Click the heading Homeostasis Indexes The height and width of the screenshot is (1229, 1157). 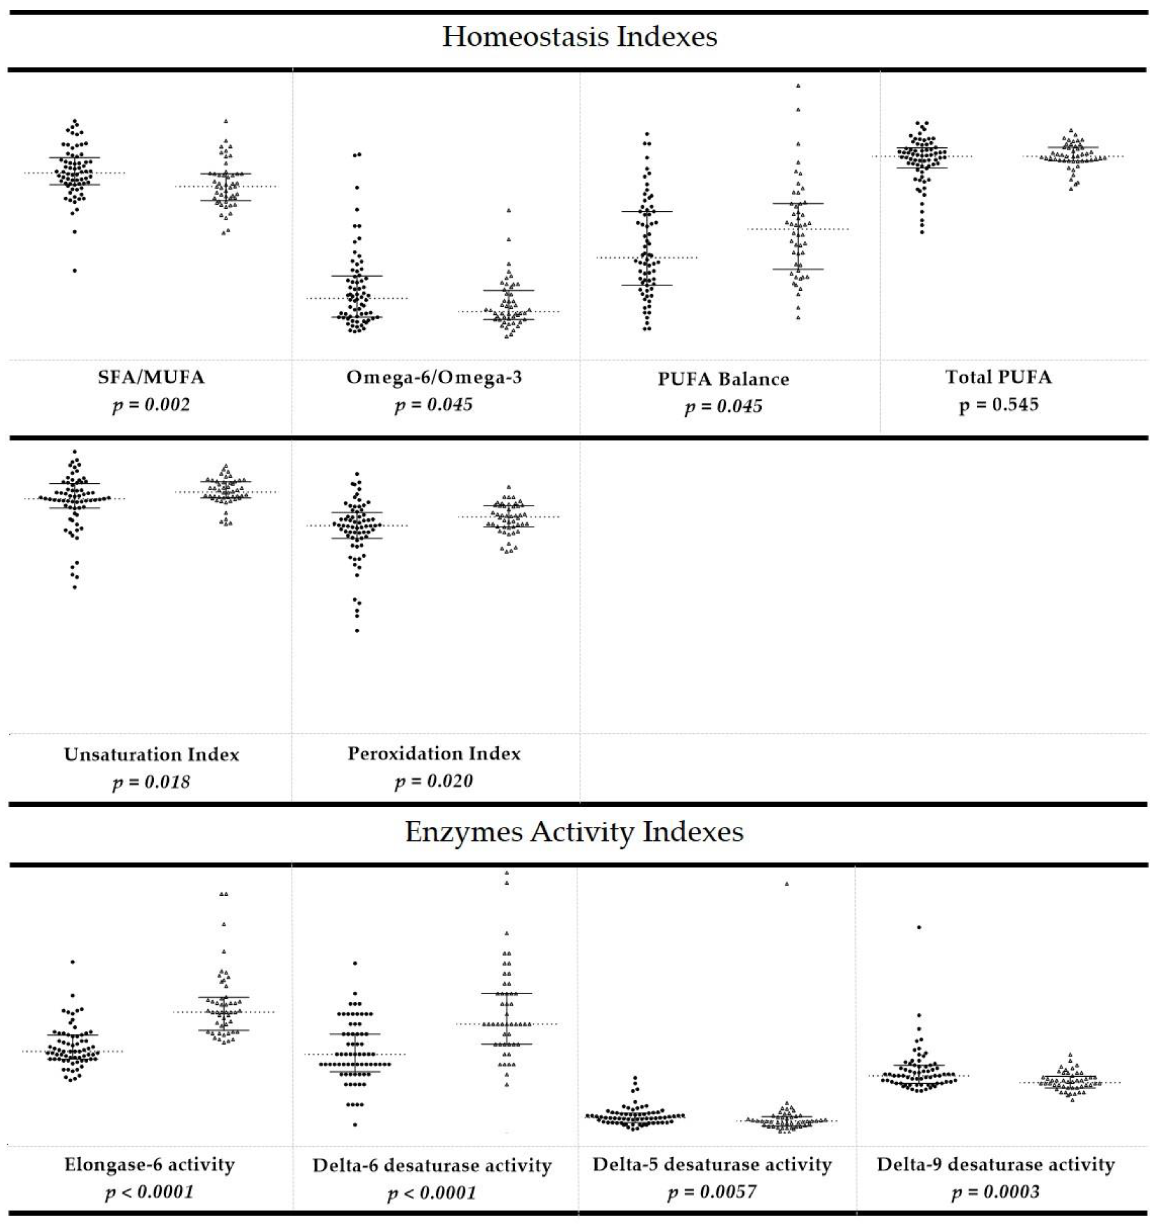pyautogui.click(x=579, y=37)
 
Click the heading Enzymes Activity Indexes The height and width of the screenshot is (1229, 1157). pyautogui.click(x=574, y=832)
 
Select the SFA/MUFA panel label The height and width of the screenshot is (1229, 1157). pyautogui.click(x=151, y=377)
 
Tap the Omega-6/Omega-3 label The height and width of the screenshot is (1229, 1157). pyautogui.click(x=434, y=377)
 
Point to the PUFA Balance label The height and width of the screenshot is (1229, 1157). pyautogui.click(x=723, y=379)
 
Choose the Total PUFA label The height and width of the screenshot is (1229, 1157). pyautogui.click(x=998, y=377)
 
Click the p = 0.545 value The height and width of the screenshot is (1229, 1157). pyautogui.click(x=998, y=405)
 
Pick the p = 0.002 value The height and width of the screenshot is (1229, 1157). pyautogui.click(x=151, y=405)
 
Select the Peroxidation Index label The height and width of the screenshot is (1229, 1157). pyautogui.click(x=434, y=753)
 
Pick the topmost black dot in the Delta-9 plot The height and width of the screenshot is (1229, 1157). pyautogui.click(x=919, y=927)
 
